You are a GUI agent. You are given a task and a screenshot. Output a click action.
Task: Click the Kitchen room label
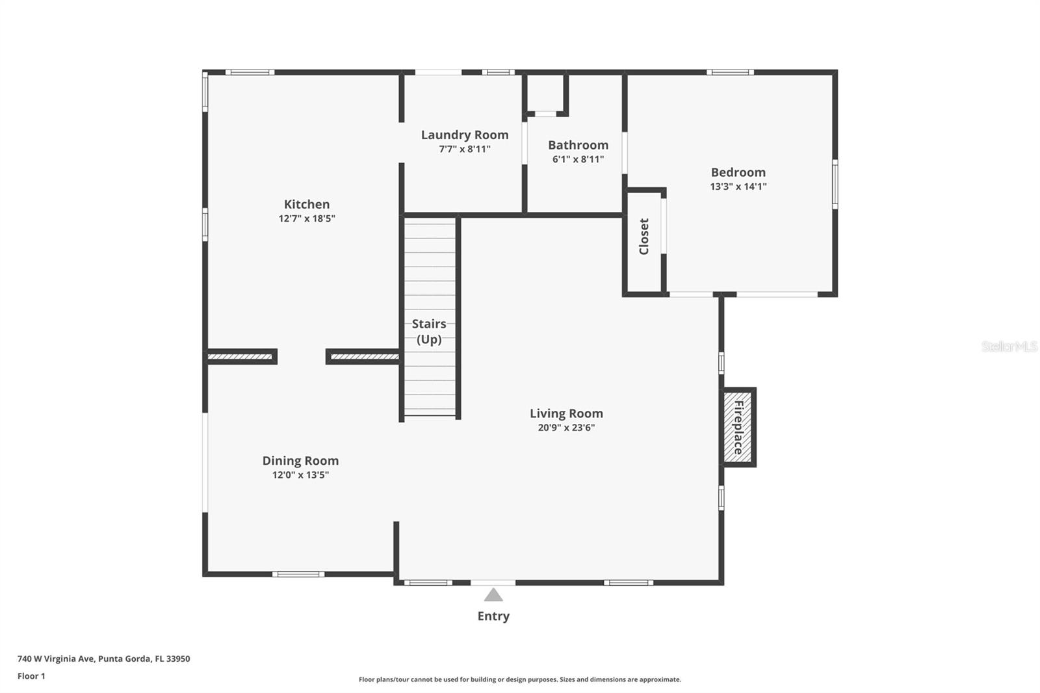(x=306, y=204)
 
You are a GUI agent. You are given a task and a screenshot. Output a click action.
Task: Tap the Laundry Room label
(x=465, y=135)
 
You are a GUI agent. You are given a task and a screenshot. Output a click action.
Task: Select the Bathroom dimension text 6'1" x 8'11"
(x=578, y=159)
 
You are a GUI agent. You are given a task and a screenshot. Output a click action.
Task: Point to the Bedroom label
(x=738, y=172)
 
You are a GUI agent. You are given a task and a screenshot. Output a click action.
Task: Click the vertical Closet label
(x=643, y=237)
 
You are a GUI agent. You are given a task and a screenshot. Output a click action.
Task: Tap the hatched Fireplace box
(x=738, y=427)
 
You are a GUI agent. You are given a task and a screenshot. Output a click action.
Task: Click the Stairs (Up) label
(x=429, y=331)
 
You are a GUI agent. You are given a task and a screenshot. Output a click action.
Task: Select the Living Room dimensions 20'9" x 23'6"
(x=566, y=428)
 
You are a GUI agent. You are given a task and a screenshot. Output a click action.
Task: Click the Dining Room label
(x=300, y=461)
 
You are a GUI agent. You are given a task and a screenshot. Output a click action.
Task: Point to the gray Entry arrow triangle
(x=493, y=595)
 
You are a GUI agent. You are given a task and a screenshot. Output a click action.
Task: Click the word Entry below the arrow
(x=493, y=616)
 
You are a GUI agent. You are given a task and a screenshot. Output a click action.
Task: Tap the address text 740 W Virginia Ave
(x=56, y=659)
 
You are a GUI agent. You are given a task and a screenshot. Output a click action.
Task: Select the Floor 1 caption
(x=32, y=676)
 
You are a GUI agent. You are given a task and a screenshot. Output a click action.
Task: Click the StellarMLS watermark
(x=1010, y=346)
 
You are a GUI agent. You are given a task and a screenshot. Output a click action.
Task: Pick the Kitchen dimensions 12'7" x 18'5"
(x=306, y=219)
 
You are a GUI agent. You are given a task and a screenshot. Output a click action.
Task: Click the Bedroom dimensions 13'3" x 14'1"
(x=738, y=187)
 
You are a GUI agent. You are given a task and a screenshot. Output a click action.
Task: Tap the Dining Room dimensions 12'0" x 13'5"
(x=300, y=475)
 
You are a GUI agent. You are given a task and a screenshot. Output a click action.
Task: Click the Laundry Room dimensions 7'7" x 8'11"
(x=465, y=149)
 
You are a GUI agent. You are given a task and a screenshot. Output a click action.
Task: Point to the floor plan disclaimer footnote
(x=520, y=679)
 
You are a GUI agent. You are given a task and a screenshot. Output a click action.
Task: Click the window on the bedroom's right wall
(x=835, y=184)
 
